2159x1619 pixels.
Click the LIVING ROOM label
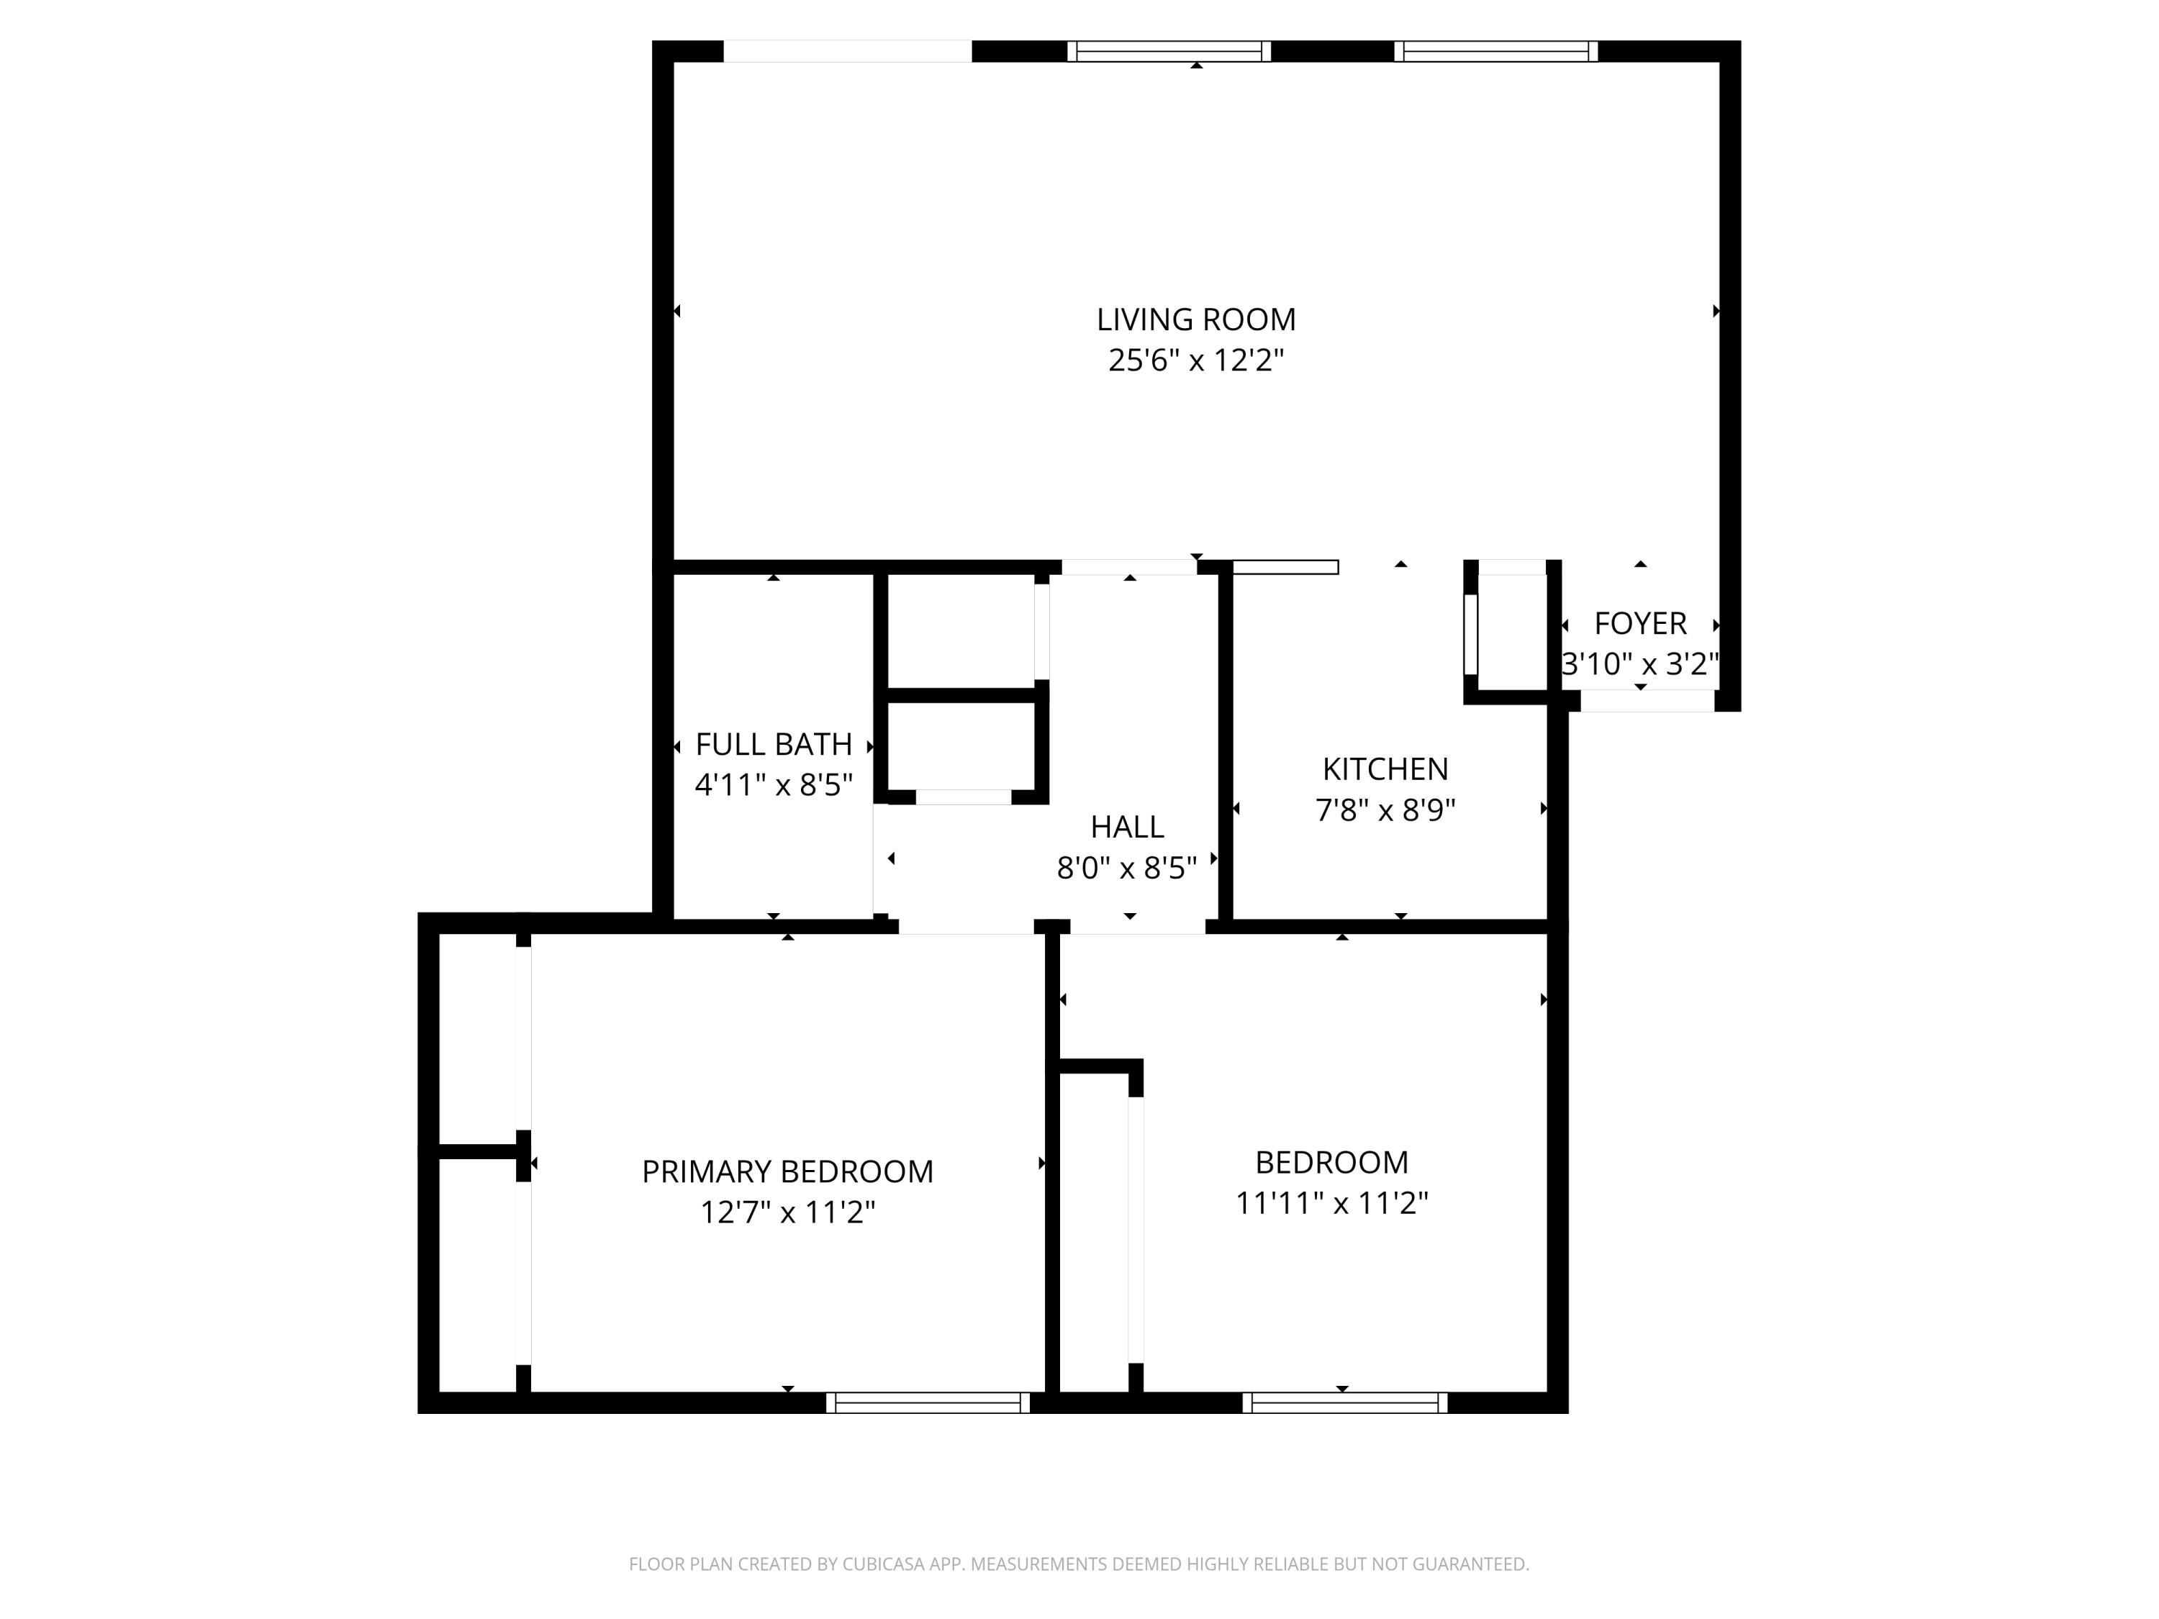pyautogui.click(x=1195, y=319)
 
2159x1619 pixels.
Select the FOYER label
pyautogui.click(x=1639, y=622)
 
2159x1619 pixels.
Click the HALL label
pyautogui.click(x=1126, y=827)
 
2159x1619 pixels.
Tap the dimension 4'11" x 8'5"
pyautogui.click(x=773, y=784)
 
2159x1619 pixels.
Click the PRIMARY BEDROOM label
pyautogui.click(x=787, y=1171)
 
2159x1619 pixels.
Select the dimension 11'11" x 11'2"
pyautogui.click(x=1331, y=1203)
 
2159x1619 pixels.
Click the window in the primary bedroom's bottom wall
pyautogui.click(x=927, y=1402)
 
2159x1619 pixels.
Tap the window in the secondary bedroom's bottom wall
pyautogui.click(x=1344, y=1402)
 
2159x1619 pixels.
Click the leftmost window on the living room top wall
pyautogui.click(x=1168, y=51)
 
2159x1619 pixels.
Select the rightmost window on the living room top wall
pyautogui.click(x=1495, y=51)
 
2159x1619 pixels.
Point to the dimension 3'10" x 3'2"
pyautogui.click(x=1639, y=663)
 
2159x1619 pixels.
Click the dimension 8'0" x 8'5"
pyautogui.click(x=1126, y=868)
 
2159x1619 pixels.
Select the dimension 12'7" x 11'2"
pyautogui.click(x=787, y=1212)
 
